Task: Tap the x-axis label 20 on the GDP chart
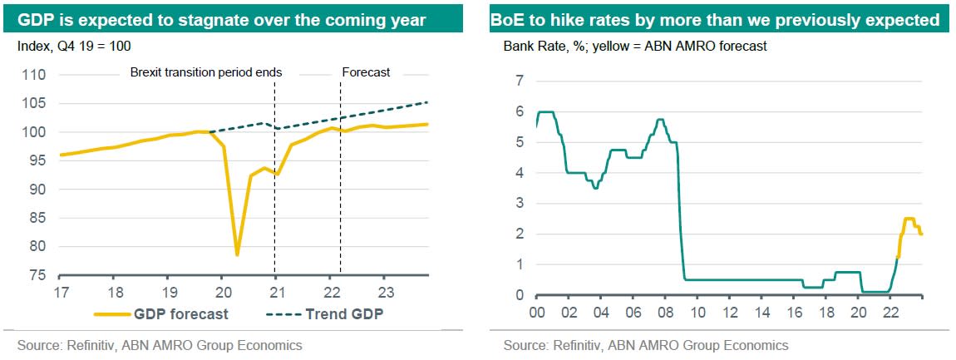click(x=223, y=292)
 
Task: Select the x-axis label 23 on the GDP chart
click(x=385, y=292)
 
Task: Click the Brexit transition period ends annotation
click(x=206, y=72)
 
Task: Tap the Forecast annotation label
click(x=366, y=72)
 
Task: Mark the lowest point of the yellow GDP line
click(x=237, y=254)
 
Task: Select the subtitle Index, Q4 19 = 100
click(x=74, y=47)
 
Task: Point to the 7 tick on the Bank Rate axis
click(x=521, y=81)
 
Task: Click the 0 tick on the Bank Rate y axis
click(x=521, y=295)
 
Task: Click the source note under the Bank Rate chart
click(x=645, y=345)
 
